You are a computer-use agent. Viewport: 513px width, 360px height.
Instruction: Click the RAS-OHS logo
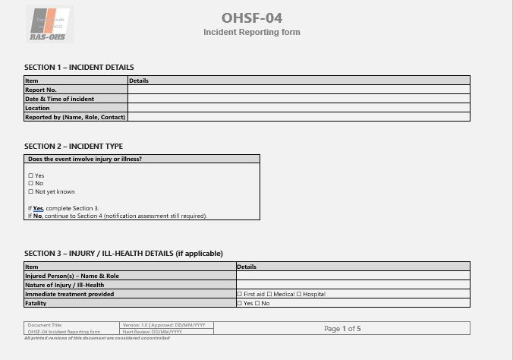click(x=49, y=24)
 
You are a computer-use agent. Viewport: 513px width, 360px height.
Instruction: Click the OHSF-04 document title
click(x=253, y=17)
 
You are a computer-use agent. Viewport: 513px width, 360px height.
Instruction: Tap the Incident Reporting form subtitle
click(x=252, y=32)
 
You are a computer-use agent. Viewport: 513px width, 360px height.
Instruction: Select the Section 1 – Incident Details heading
click(x=79, y=67)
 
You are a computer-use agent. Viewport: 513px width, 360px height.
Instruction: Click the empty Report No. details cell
click(x=298, y=90)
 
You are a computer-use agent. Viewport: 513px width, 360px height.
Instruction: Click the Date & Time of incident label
click(x=60, y=99)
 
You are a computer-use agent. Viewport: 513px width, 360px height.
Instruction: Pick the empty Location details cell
click(x=298, y=108)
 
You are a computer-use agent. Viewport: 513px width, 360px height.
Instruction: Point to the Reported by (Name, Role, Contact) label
click(x=75, y=117)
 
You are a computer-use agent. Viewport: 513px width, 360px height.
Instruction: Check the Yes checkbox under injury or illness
click(x=30, y=175)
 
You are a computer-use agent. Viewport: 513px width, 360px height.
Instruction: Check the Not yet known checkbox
click(x=30, y=191)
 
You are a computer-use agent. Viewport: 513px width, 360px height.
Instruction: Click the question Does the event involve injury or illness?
click(x=85, y=159)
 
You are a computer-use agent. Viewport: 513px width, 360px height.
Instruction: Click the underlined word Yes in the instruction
click(x=38, y=207)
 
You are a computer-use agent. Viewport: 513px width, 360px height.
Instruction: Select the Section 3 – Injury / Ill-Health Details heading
click(x=124, y=253)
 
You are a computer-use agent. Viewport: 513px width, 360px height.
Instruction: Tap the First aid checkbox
click(x=240, y=294)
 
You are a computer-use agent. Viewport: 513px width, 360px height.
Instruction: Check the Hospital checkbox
click(x=299, y=294)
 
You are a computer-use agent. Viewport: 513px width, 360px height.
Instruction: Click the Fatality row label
click(x=36, y=303)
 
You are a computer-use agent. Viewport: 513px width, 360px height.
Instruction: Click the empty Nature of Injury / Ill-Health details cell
click(x=353, y=285)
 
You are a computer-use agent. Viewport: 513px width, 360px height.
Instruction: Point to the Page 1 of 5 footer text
click(x=342, y=328)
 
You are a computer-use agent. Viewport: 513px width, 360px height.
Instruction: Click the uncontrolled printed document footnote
click(x=96, y=337)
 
